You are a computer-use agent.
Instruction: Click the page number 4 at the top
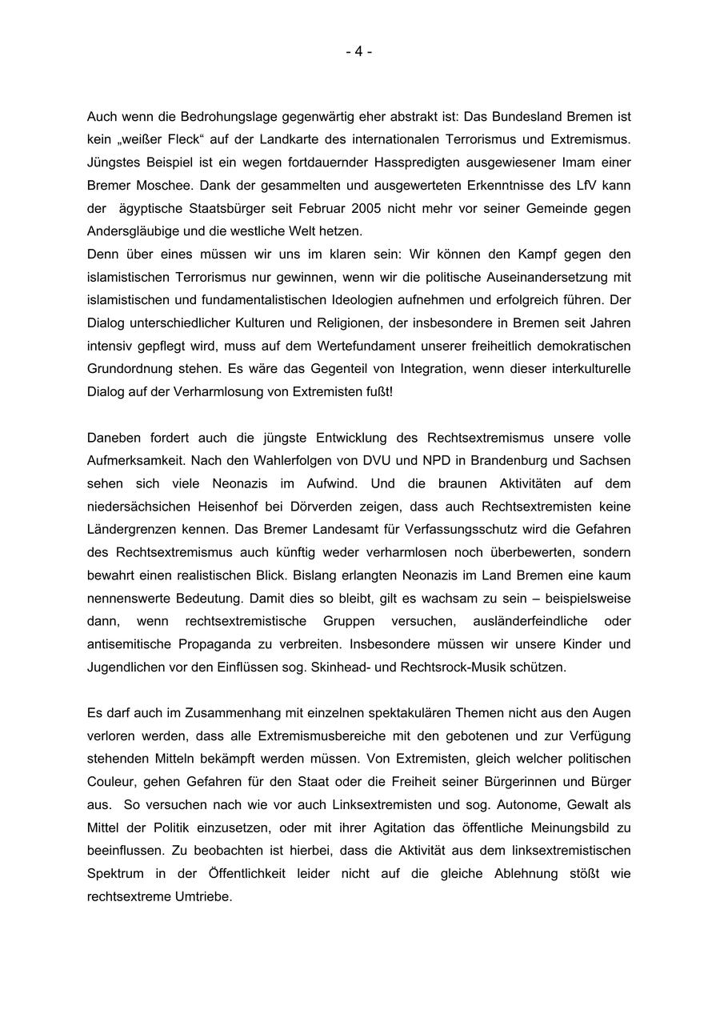[x=359, y=52]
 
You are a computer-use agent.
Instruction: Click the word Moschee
[x=162, y=186]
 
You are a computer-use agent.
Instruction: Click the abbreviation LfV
[x=582, y=186]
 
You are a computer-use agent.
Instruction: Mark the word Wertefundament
[x=370, y=347]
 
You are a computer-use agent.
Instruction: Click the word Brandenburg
[x=511, y=461]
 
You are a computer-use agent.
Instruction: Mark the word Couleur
[x=112, y=782]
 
